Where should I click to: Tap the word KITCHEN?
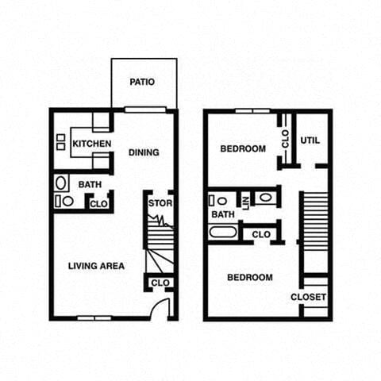click(91, 144)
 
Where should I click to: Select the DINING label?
click(144, 152)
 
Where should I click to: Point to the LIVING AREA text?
click(96, 266)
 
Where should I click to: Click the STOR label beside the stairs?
click(160, 203)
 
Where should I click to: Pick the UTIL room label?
click(310, 140)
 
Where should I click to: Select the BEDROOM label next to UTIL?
click(243, 148)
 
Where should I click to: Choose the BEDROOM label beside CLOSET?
click(250, 278)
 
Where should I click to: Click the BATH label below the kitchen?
click(89, 185)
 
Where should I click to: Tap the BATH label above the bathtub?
click(223, 214)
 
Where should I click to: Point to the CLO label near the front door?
click(160, 283)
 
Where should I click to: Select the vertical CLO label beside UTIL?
click(285, 140)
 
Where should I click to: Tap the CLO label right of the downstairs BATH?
click(98, 204)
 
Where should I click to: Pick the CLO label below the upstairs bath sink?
click(261, 234)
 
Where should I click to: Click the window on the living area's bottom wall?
click(94, 318)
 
